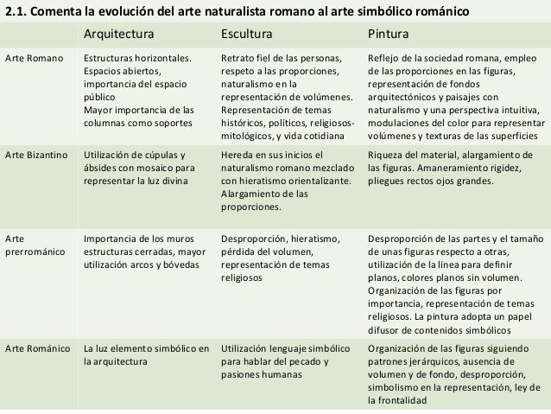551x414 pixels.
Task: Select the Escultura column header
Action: (247, 35)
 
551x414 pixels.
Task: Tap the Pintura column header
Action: (389, 35)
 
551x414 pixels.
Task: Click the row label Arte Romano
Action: (34, 59)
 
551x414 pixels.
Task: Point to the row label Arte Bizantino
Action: (38, 156)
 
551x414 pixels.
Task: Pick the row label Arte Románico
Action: (37, 348)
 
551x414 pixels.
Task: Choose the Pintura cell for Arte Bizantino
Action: (452, 169)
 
